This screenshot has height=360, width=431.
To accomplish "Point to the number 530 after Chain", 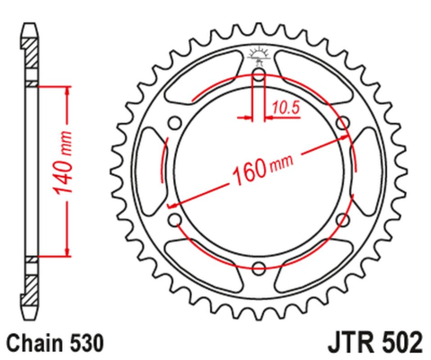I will point(87,342).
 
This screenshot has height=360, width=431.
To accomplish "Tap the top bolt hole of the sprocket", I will point(259,75).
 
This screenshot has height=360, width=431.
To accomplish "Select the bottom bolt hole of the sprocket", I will point(259,268).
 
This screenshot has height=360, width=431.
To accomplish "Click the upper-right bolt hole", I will point(342,123).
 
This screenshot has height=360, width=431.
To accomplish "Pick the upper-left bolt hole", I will point(175,123).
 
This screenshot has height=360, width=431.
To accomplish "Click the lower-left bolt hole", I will point(175,219).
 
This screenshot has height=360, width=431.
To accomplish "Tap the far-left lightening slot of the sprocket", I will point(149,171).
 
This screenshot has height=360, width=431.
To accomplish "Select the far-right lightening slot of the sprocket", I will point(368,171).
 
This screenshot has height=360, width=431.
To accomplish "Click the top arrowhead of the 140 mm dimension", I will point(66,91).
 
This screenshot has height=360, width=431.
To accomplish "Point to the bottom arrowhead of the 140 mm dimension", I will point(66,252).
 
